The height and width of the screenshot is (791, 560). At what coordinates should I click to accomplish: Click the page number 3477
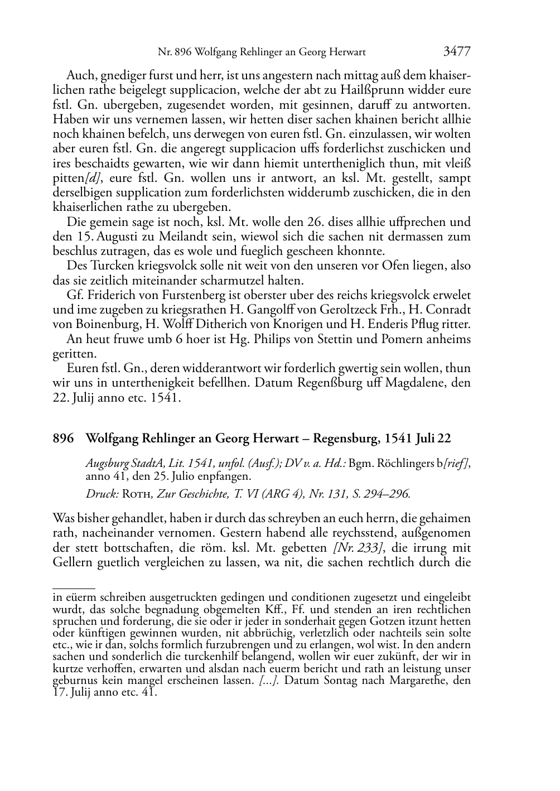click(457, 52)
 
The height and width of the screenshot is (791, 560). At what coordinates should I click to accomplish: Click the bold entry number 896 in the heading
click(63, 439)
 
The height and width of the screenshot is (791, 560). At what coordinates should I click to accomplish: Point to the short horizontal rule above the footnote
click(74, 587)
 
